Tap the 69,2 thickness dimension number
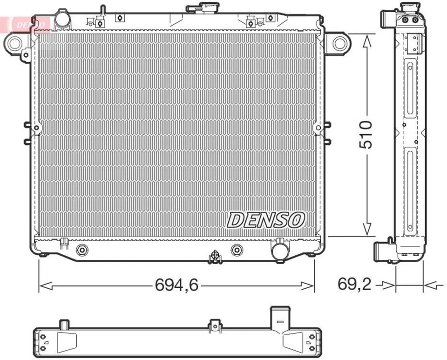[x=354, y=285]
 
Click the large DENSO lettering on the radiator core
[x=266, y=220]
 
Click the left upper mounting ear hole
[x=14, y=43]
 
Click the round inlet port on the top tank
[x=61, y=19]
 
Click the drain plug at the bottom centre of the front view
[x=215, y=256]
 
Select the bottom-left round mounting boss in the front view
[x=82, y=250]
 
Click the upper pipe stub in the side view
[x=387, y=20]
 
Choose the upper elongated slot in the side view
[x=410, y=88]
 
